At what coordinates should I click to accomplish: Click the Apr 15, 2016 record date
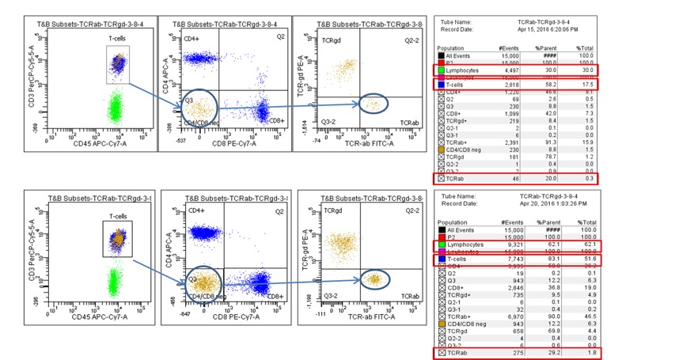[552, 29]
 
